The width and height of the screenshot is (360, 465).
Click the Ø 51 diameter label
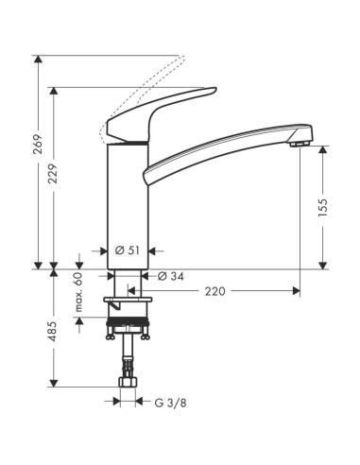click(x=128, y=250)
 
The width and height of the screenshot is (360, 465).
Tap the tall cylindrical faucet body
click(x=128, y=203)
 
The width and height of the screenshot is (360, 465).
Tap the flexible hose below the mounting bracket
click(x=127, y=359)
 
